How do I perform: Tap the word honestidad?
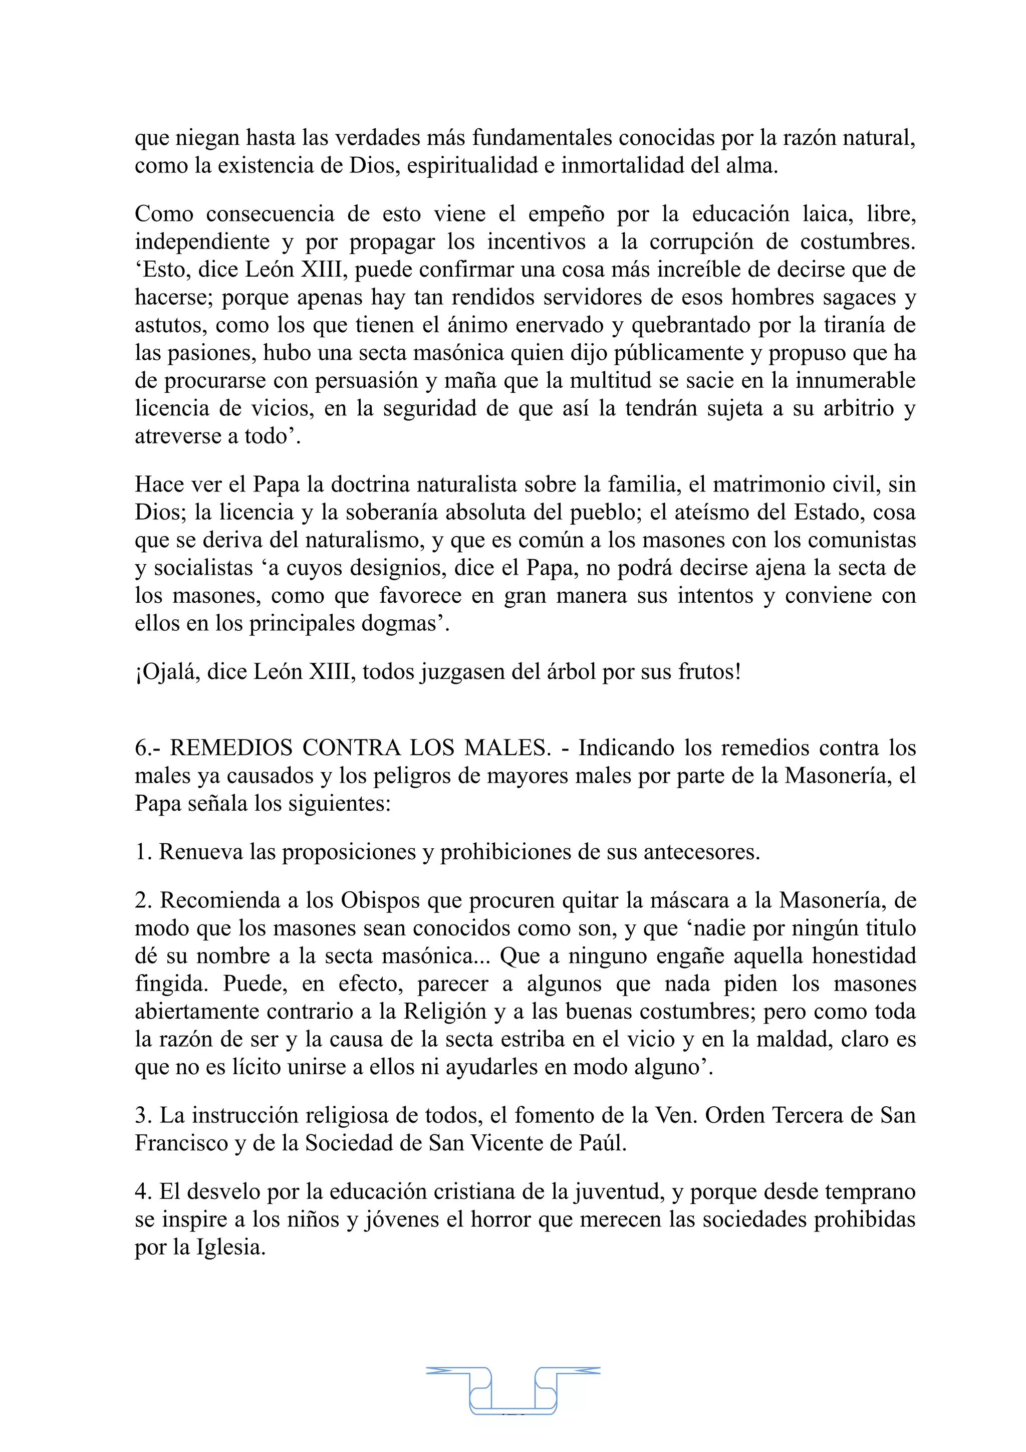pos(864,955)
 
